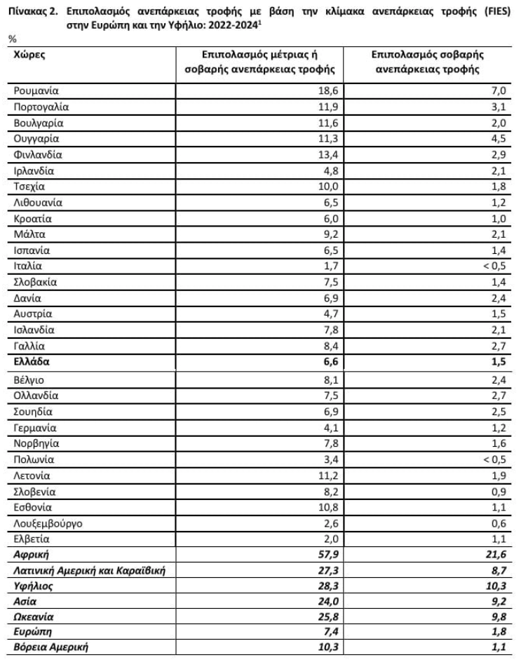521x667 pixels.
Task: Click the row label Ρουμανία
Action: coord(36,90)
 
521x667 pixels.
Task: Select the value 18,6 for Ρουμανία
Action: coord(328,90)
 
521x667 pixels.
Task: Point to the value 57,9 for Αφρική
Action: coord(327,554)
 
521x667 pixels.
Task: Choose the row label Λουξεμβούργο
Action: coord(46,523)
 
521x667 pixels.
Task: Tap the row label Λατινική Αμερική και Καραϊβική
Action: coord(90,570)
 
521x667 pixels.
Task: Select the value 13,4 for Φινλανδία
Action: coord(328,154)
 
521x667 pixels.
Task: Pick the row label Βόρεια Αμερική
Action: coord(50,649)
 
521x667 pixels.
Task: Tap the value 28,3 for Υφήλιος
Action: coord(327,585)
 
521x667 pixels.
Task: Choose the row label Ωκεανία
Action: coord(34,617)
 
